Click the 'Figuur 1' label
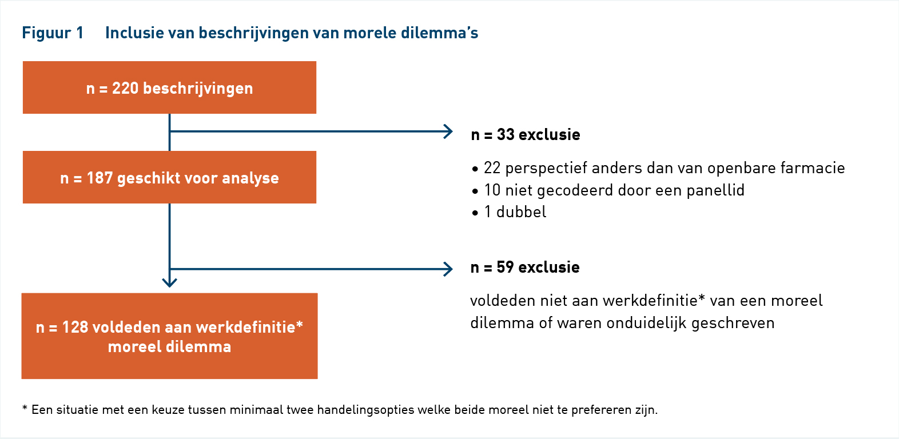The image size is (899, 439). [53, 33]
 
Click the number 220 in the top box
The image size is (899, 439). [125, 88]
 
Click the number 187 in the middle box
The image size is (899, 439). [100, 178]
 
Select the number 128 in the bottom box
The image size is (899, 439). [75, 328]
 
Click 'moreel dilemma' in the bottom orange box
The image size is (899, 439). [169, 347]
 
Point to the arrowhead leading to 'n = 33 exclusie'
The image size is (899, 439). [448, 131]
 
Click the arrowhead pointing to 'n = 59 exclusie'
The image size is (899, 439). [448, 269]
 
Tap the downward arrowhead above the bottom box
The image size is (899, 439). [169, 282]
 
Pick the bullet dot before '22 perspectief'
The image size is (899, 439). [475, 169]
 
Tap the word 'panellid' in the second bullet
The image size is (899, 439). [715, 190]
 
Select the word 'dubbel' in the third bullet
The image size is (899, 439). [522, 212]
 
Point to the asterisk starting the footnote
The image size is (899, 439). [25, 408]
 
